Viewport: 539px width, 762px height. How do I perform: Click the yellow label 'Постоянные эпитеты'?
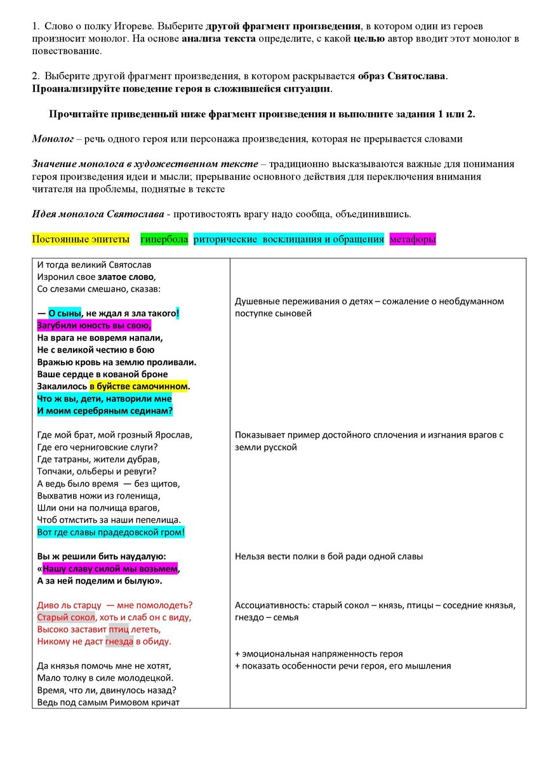[x=80, y=239]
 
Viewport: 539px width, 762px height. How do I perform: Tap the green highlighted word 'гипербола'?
[x=164, y=239]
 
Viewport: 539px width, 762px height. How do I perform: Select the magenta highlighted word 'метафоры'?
[x=412, y=239]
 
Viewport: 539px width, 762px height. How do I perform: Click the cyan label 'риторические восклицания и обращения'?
[x=289, y=239]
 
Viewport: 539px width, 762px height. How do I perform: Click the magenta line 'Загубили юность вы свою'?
[x=94, y=326]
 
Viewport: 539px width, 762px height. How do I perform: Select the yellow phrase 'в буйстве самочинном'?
[x=139, y=386]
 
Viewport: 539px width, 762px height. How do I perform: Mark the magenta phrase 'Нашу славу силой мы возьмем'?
[x=110, y=568]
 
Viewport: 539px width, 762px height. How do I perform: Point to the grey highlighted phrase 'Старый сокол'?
[x=66, y=617]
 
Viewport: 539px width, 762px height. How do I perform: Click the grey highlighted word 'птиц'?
[x=119, y=629]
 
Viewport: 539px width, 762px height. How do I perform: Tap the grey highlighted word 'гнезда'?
[x=119, y=641]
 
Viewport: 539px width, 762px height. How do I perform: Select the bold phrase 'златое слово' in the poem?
[x=126, y=277]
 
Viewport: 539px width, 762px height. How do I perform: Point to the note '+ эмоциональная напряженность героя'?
[x=318, y=653]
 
